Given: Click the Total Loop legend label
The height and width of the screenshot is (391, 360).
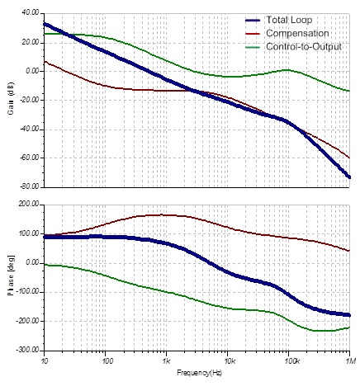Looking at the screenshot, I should pyautogui.click(x=291, y=19).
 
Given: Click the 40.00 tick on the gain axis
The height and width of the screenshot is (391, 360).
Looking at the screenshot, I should pyautogui.click(x=29, y=13).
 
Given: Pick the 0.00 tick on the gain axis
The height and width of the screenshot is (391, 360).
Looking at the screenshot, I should pyautogui.click(x=31, y=71).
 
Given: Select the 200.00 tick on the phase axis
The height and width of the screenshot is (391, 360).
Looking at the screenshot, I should pyautogui.click(x=28, y=204).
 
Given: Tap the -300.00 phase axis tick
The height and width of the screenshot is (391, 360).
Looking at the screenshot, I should pyautogui.click(x=27, y=349).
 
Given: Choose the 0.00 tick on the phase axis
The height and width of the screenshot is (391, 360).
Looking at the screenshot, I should pyautogui.click(x=31, y=262).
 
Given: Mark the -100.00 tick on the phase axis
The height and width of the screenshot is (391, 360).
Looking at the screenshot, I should pyautogui.click(x=27, y=291).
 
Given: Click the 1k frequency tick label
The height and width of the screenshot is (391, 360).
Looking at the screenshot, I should pyautogui.click(x=166, y=360).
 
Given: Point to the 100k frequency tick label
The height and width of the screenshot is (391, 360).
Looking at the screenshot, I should pyautogui.click(x=288, y=360).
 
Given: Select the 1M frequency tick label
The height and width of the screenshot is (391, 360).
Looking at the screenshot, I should pyautogui.click(x=349, y=360).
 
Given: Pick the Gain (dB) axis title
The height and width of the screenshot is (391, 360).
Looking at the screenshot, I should pyautogui.click(x=10, y=100).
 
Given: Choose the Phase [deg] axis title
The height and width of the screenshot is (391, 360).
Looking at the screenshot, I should pyautogui.click(x=10, y=276).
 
